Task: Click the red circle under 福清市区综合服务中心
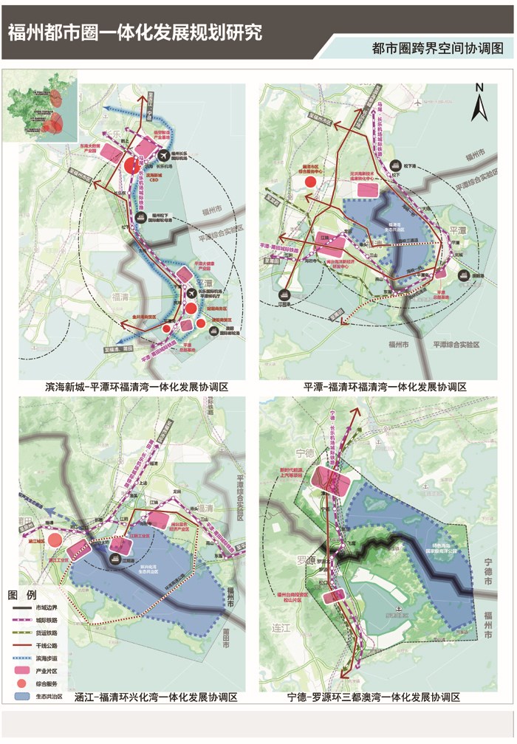311,182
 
